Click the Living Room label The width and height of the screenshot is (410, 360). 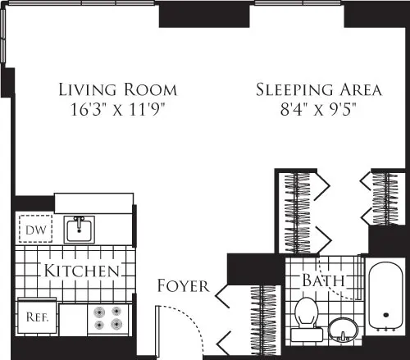117,89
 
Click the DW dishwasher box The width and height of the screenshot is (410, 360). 34,230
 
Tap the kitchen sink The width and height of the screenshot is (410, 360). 80,228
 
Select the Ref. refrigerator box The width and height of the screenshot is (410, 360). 34,316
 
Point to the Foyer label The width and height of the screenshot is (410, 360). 182,286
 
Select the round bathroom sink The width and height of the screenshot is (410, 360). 344,330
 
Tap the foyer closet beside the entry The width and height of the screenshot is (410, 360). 265,320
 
